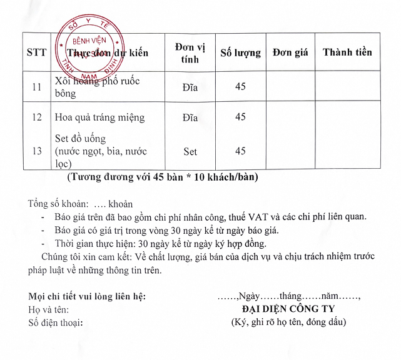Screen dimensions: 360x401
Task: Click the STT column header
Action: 36,52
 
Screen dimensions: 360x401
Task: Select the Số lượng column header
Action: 241,52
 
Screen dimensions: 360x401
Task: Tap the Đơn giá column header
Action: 291,52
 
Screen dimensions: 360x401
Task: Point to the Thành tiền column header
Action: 347,52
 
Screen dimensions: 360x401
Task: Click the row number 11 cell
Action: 36,87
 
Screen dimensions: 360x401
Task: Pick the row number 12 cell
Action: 36,117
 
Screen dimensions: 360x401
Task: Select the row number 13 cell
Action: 36,151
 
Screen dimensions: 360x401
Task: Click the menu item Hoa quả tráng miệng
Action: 99,117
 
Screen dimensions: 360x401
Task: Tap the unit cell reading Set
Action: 190,151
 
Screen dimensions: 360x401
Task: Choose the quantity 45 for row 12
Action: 240,117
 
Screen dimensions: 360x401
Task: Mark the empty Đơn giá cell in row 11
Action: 291,87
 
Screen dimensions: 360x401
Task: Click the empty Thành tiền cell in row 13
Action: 347,151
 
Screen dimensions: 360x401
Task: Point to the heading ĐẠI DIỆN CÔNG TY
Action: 288,309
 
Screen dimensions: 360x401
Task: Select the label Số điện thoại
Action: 56,322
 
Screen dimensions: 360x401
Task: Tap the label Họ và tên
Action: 49,309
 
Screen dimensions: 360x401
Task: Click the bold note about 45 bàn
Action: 162,177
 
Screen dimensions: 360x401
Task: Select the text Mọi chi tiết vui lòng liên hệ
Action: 88,295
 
